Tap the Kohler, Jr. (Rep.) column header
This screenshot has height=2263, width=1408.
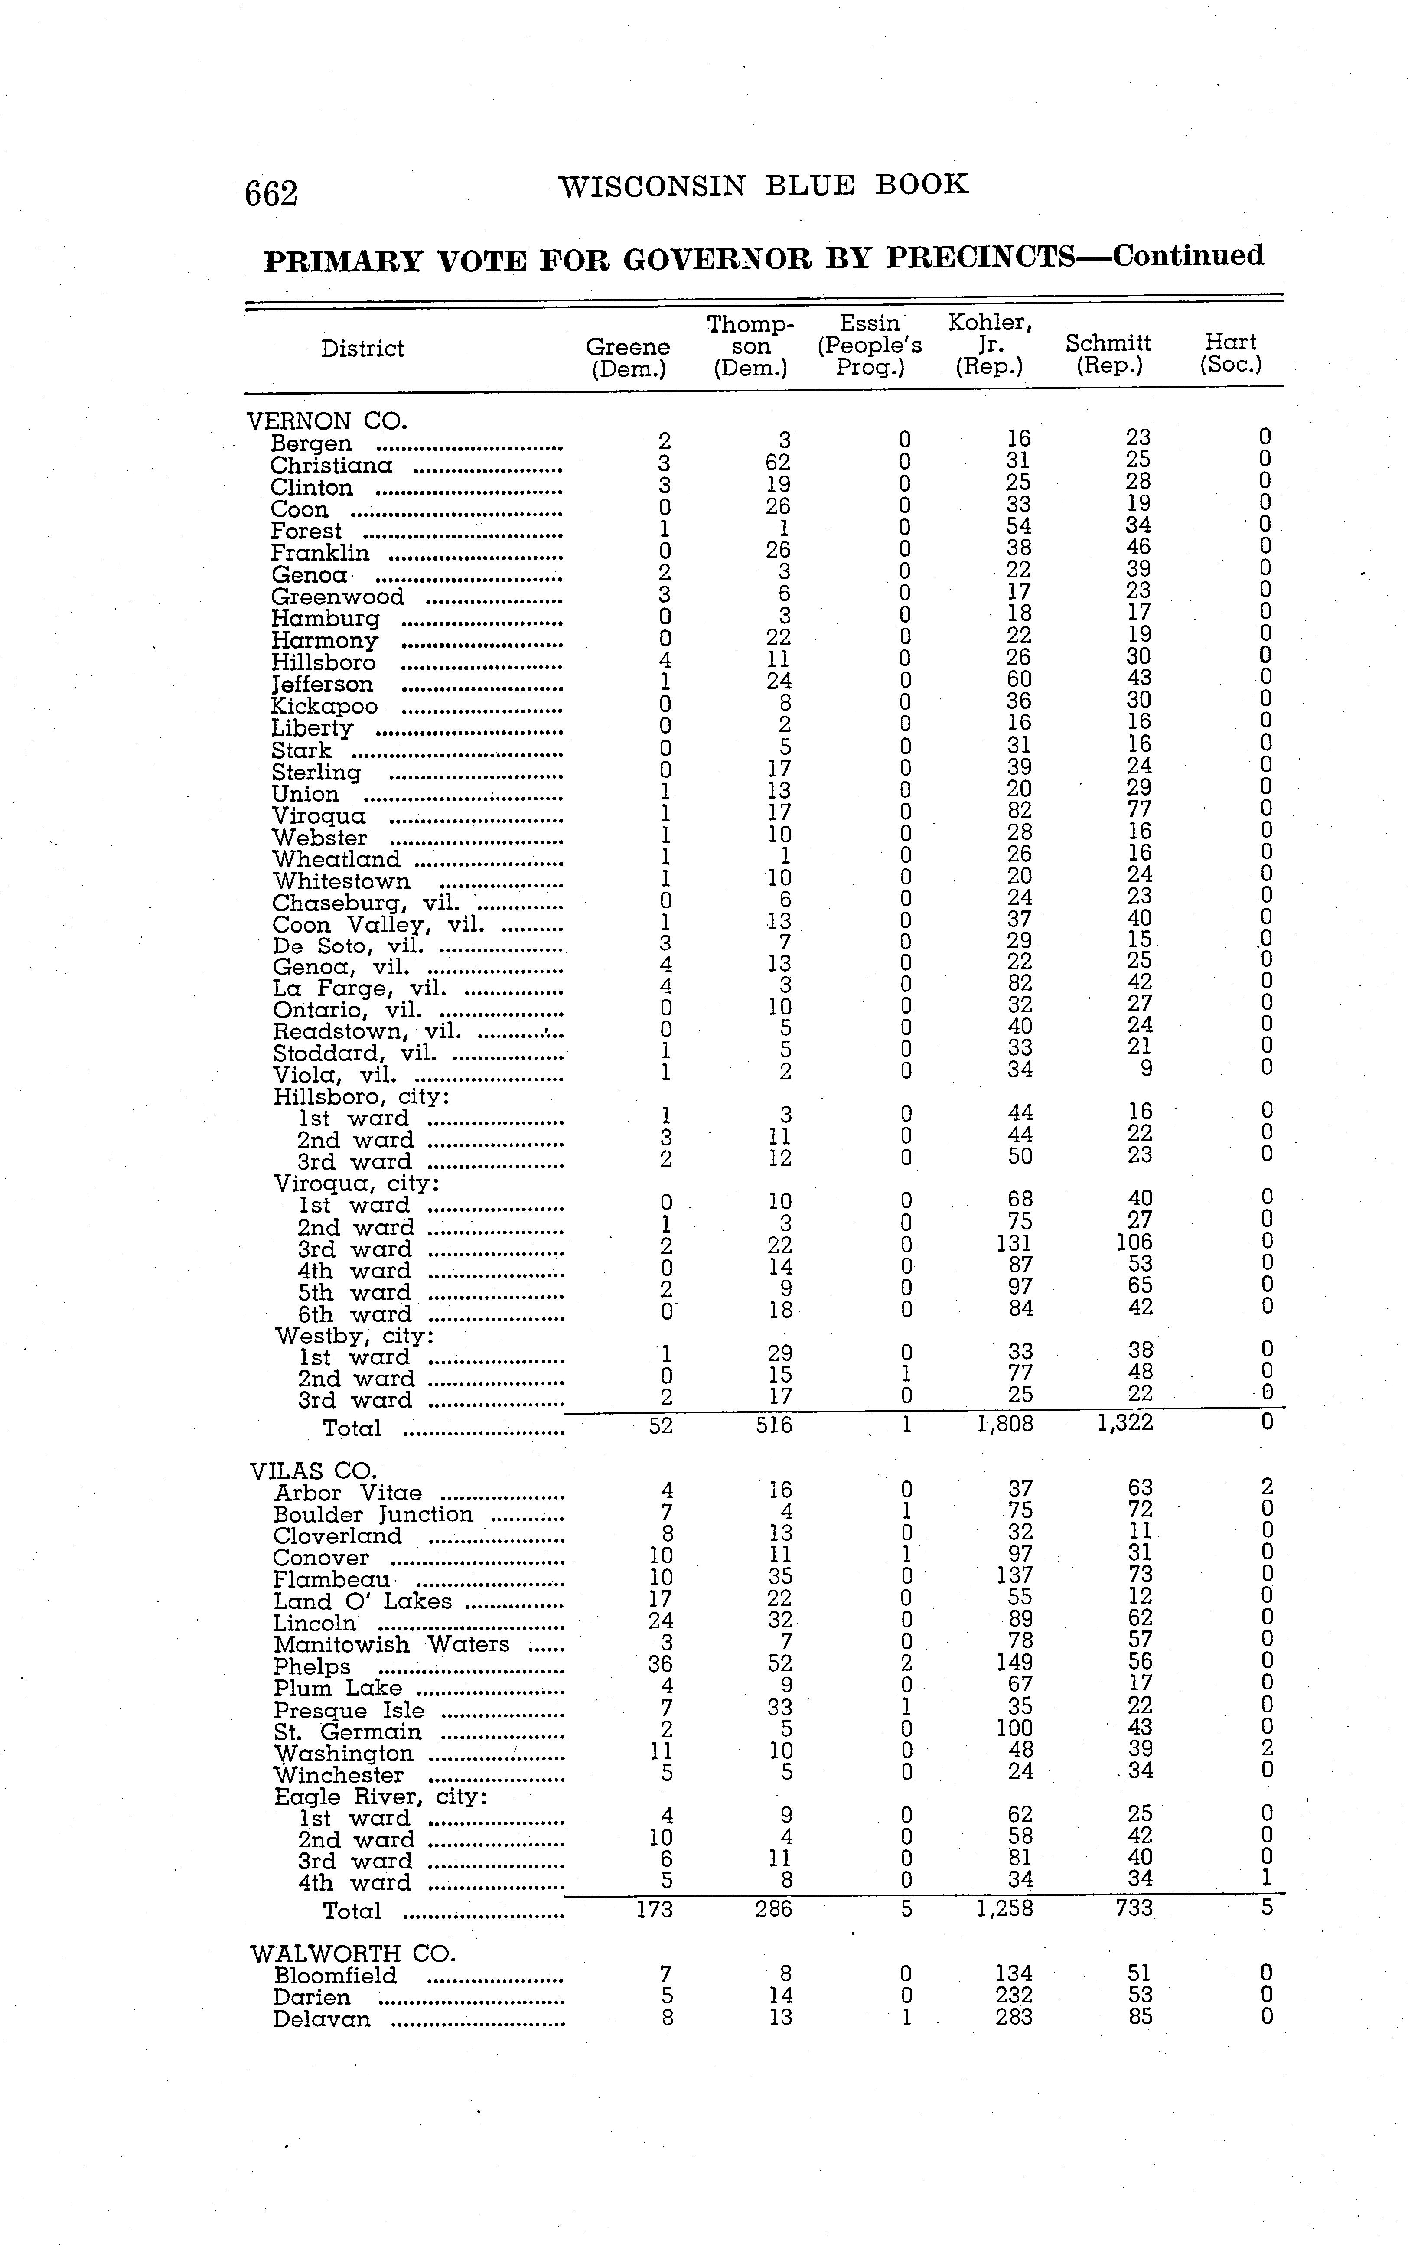pyautogui.click(x=989, y=345)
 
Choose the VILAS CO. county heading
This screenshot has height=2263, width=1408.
pyautogui.click(x=313, y=1471)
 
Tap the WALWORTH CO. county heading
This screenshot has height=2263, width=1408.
pyautogui.click(x=352, y=1954)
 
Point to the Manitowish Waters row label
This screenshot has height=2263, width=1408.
pyautogui.click(x=391, y=1645)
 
